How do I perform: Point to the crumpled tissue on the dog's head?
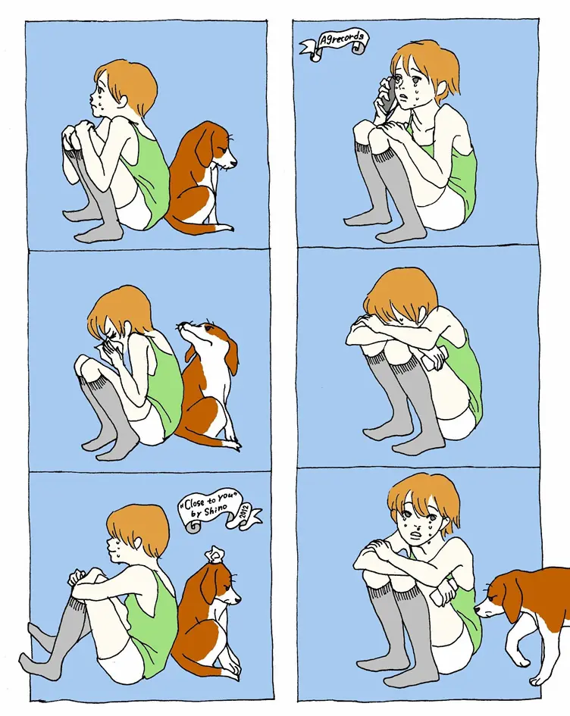click(x=215, y=555)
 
